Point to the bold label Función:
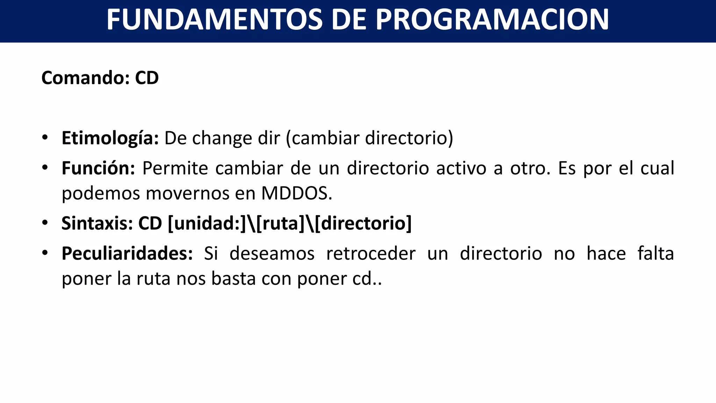(x=98, y=168)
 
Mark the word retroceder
(x=371, y=253)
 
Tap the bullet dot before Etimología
(x=45, y=137)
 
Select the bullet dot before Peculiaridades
(x=45, y=253)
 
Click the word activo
(x=461, y=168)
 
